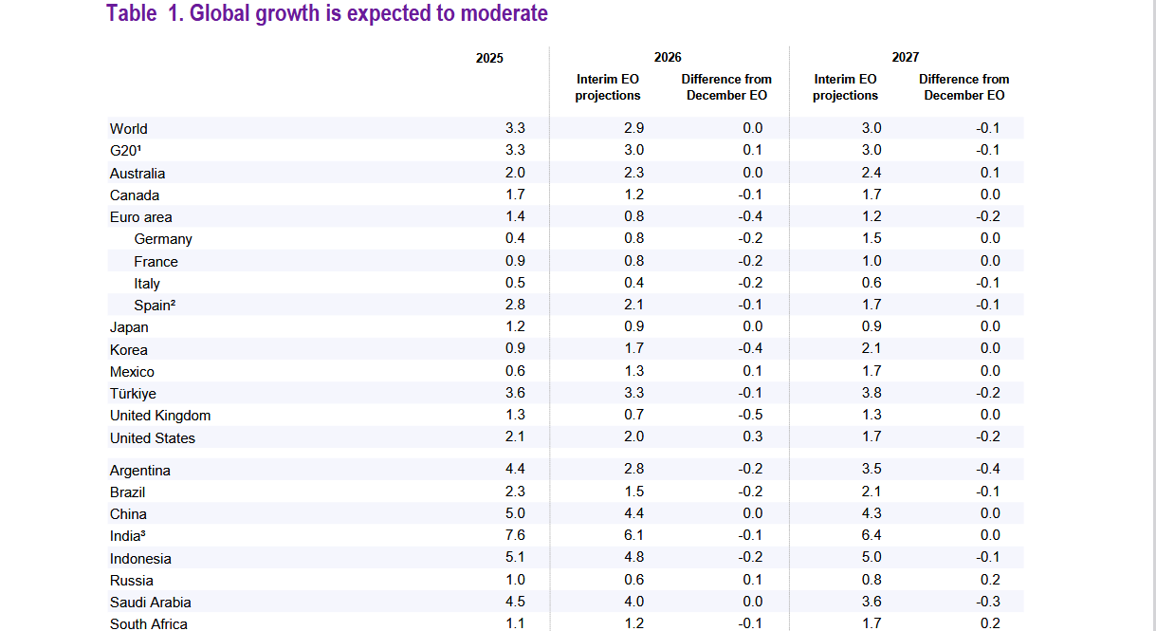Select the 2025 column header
point(489,58)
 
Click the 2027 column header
point(905,57)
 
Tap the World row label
point(129,129)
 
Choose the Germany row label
point(163,239)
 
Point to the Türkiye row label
point(133,394)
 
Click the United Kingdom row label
point(160,416)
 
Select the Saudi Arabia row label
point(150,603)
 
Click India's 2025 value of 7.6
point(515,536)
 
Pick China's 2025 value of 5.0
point(515,514)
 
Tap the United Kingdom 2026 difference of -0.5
point(751,416)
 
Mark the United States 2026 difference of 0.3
point(753,437)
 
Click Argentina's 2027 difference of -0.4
point(988,470)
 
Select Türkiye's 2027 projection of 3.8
point(872,394)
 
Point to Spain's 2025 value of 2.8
point(515,306)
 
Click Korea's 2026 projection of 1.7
point(634,349)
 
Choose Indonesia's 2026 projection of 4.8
point(634,558)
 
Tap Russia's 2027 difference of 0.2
point(990,580)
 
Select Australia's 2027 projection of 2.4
point(872,173)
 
